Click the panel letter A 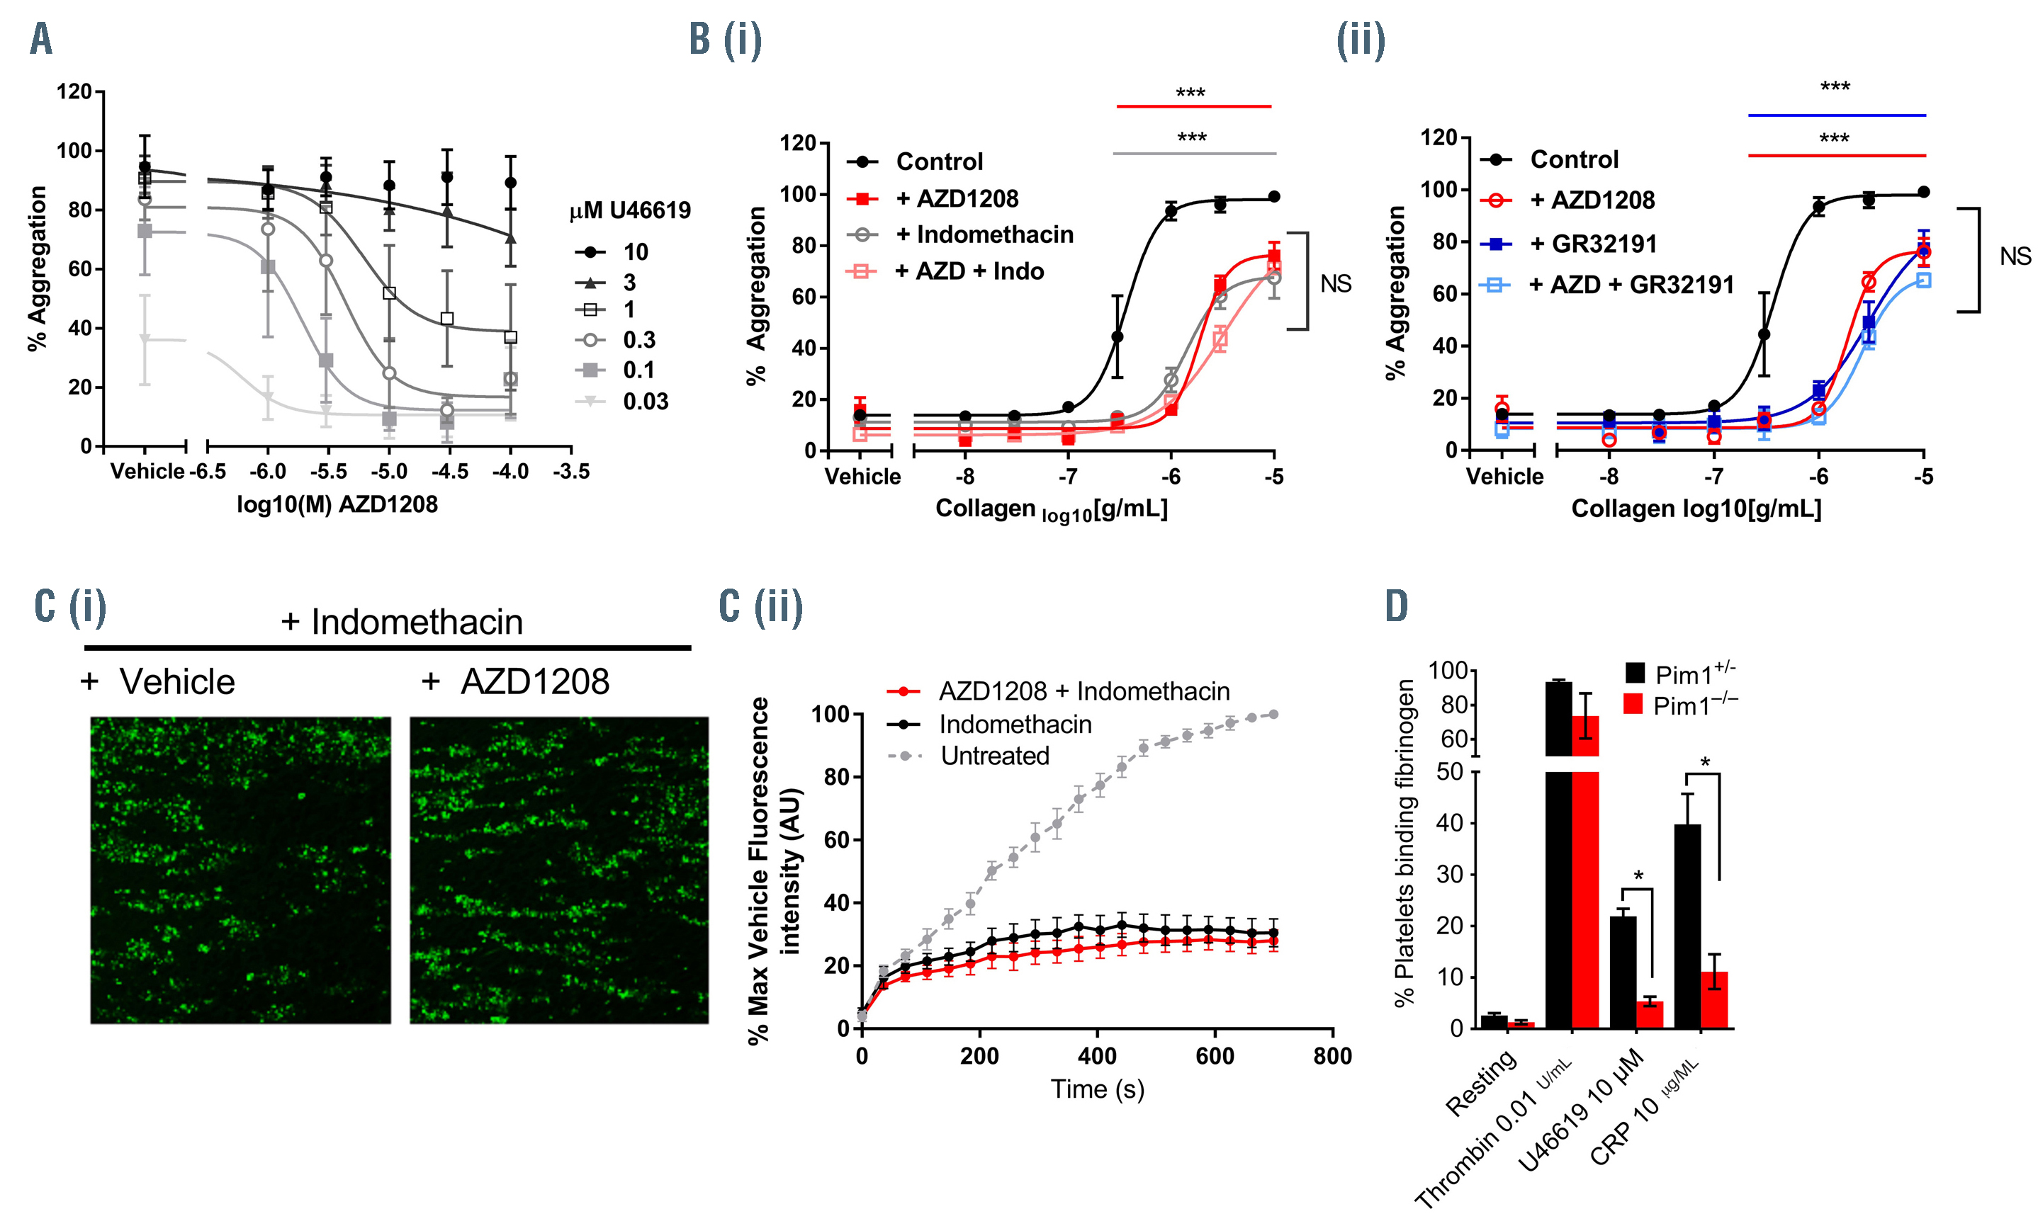41,39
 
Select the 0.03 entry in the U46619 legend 645,402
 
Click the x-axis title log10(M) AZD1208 337,504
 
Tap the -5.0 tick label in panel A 388,472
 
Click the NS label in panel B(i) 1336,283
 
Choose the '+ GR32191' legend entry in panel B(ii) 1604,244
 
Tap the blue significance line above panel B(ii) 1836,115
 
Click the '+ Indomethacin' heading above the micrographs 402,621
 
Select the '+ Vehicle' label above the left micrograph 159,681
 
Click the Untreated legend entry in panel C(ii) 994,755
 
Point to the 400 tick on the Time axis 1097,1056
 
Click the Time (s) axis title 1097,1089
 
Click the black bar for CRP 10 1687,925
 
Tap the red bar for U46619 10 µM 1650,1014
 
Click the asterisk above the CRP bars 1704,761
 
